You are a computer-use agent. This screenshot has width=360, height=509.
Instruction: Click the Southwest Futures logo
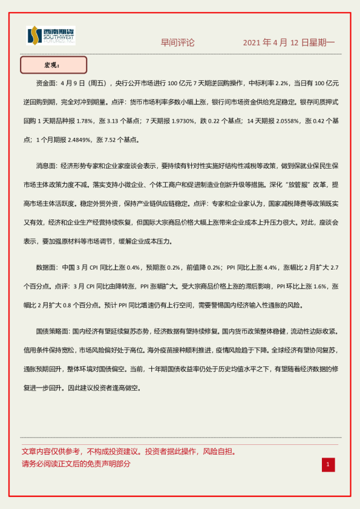pyautogui.click(x=51, y=36)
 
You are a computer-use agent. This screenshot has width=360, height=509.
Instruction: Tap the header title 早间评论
pyautogui.click(x=177, y=43)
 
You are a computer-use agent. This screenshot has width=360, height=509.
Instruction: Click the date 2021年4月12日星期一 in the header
pyautogui.click(x=288, y=43)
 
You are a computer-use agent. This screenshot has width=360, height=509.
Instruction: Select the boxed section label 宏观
pyautogui.click(x=53, y=65)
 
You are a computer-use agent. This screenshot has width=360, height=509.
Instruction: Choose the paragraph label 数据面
pyautogui.click(x=48, y=267)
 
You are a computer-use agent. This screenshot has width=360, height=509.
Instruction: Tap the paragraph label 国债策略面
pyautogui.click(x=53, y=332)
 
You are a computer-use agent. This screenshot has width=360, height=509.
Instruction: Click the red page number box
pyautogui.click(x=327, y=464)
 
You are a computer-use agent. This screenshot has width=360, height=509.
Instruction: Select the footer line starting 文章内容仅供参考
pyautogui.click(x=129, y=452)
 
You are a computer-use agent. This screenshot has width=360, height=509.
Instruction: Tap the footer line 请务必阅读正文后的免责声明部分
pyautogui.click(x=76, y=464)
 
